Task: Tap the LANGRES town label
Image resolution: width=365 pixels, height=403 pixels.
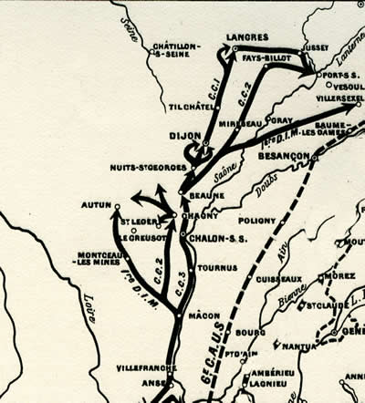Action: (x=247, y=37)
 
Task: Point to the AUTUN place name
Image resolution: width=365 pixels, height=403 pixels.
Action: (x=94, y=206)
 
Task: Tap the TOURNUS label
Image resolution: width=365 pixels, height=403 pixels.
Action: (x=216, y=267)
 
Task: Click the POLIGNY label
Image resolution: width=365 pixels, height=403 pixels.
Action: (x=256, y=220)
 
